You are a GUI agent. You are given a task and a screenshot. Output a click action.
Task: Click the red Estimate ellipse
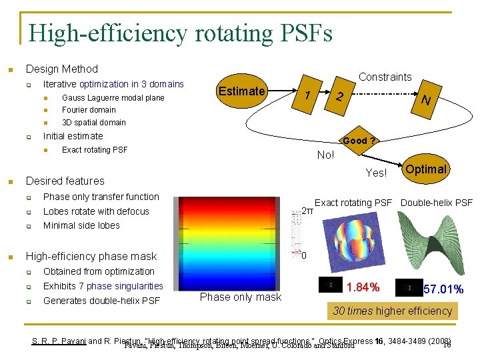coord(242,92)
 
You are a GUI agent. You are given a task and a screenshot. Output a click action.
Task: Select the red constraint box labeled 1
coord(307,95)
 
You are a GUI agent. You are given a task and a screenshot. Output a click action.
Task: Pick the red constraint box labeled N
coord(425,99)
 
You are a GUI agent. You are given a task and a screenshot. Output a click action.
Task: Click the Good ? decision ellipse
coord(359,141)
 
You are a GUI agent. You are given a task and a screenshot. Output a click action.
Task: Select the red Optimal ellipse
coord(425,169)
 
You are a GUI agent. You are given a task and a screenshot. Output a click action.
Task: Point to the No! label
coord(326,155)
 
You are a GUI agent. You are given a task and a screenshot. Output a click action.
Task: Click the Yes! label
coord(376,173)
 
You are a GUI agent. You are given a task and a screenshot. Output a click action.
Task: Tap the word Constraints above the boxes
coord(385,77)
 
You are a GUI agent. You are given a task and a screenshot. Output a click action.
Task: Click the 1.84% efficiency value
coord(364,287)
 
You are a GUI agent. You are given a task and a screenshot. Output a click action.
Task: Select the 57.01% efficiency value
coord(443,289)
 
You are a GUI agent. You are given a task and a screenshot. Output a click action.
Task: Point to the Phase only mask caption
coord(241,297)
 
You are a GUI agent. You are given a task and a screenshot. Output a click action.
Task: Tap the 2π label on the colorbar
coord(307,211)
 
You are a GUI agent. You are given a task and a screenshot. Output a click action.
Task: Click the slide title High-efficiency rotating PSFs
coord(180,32)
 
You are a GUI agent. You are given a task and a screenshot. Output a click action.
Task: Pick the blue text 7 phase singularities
coord(121,286)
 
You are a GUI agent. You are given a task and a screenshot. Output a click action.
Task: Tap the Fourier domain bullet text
coord(89,110)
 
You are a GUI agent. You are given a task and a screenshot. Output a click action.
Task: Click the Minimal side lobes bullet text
coord(81,225)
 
